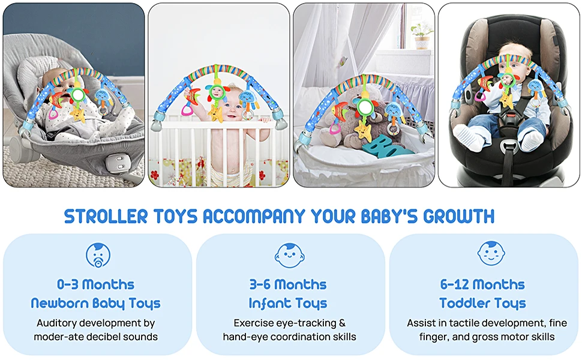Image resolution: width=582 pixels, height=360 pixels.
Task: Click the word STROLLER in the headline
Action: click(106, 217)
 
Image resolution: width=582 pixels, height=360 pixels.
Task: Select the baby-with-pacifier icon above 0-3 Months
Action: click(98, 255)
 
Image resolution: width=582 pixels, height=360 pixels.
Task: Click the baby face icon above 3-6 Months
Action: click(290, 256)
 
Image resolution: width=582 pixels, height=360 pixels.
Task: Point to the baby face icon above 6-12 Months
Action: click(491, 253)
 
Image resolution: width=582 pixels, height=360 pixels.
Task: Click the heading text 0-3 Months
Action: click(95, 284)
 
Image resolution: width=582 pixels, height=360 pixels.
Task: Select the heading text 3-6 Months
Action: click(288, 284)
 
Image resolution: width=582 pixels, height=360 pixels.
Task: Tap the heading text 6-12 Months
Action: click(482, 284)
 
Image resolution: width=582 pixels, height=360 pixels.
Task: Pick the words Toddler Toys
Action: click(482, 303)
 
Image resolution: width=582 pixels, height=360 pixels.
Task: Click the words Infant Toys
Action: click(288, 303)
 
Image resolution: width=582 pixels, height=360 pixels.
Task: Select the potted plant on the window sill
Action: click(422, 36)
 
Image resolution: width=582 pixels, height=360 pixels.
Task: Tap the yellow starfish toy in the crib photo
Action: click(215, 113)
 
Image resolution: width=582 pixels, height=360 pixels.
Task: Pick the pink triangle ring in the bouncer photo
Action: click(54, 113)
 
